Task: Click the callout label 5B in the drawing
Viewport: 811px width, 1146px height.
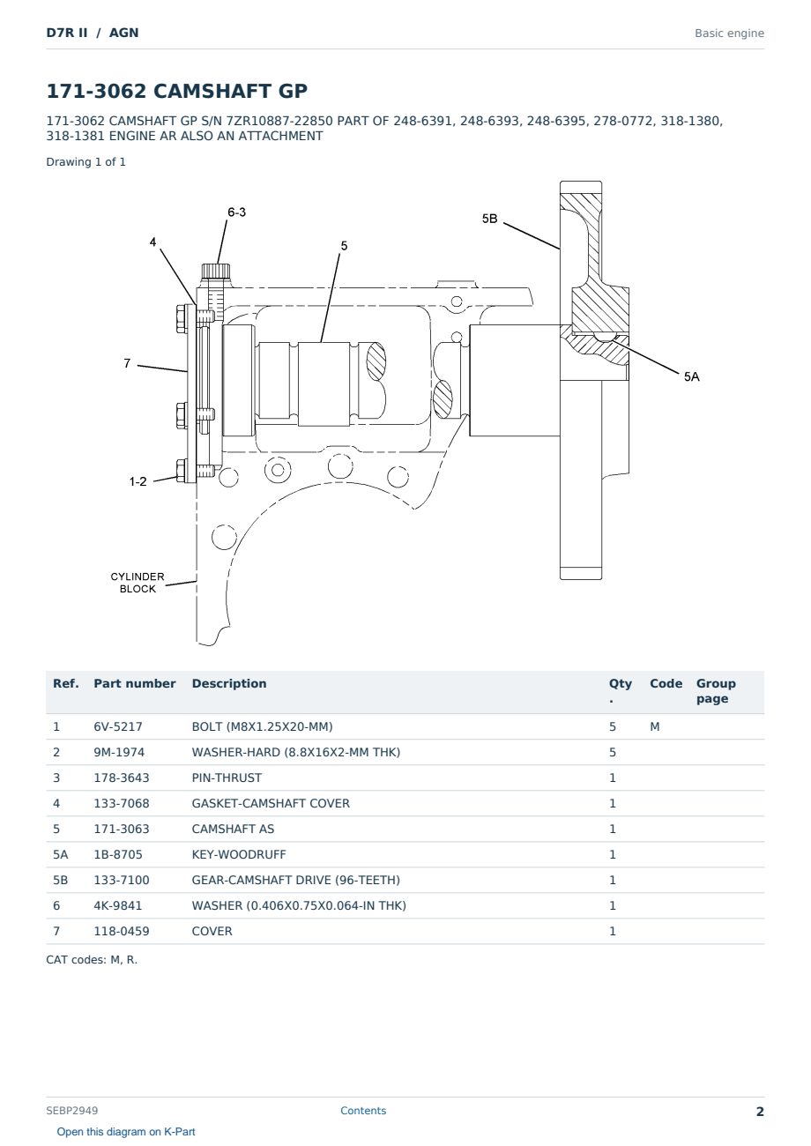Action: click(x=489, y=219)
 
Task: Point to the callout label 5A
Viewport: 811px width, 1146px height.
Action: click(x=691, y=377)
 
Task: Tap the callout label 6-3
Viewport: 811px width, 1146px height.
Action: click(x=236, y=212)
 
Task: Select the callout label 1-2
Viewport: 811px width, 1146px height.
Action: click(x=138, y=481)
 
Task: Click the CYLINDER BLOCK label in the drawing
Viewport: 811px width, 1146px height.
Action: click(x=138, y=583)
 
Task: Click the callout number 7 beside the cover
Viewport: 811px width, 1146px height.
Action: click(x=127, y=363)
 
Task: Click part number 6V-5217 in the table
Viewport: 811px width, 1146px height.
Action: click(x=118, y=726)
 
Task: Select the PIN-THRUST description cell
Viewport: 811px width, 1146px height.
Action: click(x=227, y=778)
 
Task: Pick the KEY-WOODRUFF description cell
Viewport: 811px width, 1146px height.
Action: click(x=238, y=854)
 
